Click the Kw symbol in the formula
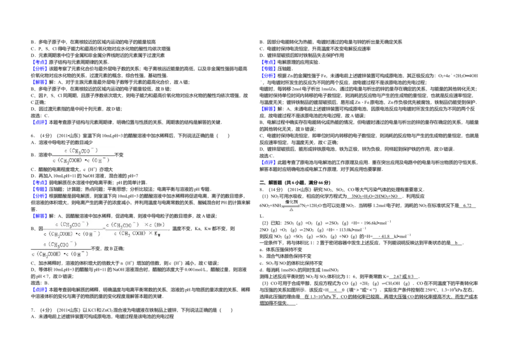(157, 234)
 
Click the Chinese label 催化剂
(291, 201)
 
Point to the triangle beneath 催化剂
(291, 210)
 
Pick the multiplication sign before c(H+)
(146, 225)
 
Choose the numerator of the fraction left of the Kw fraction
(71, 224)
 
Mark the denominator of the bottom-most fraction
(61, 254)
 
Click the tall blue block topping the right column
(268, 68)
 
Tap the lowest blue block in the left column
(40, 289)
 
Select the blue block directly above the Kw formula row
(40, 215)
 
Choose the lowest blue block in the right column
(268, 162)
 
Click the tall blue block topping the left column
(40, 65)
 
